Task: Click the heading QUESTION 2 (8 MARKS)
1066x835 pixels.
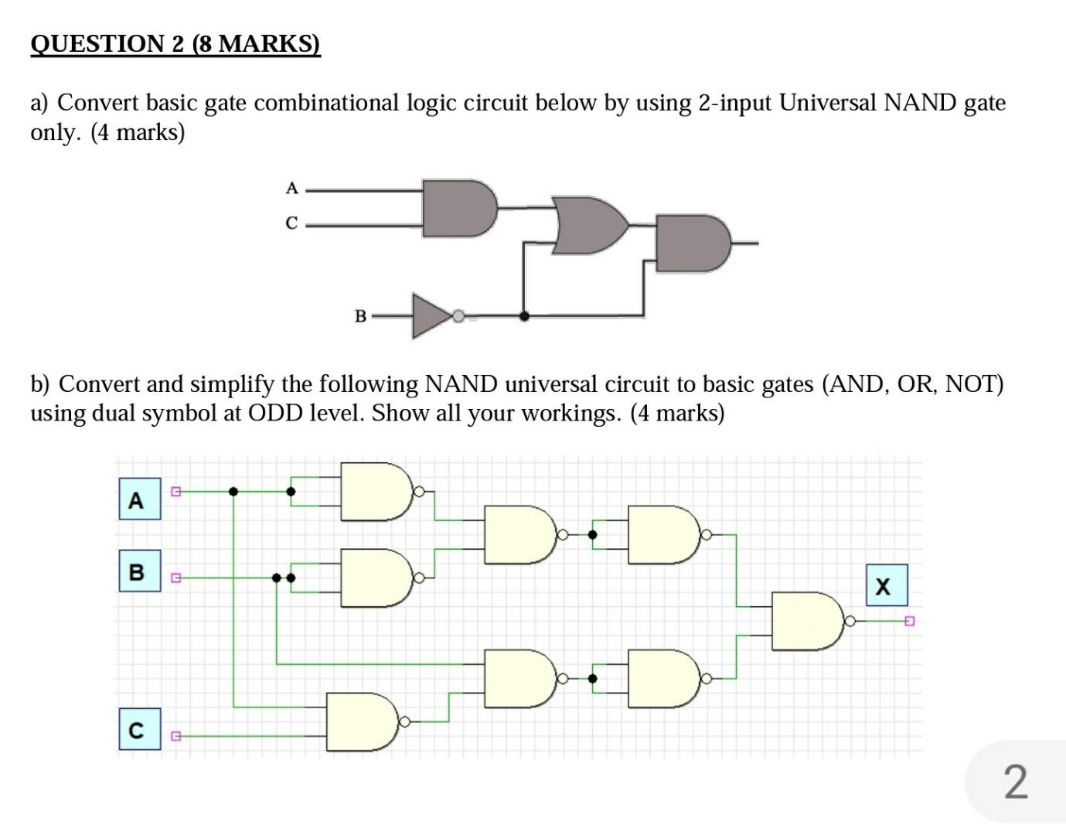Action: (175, 43)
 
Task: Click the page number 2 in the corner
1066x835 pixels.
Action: (1016, 782)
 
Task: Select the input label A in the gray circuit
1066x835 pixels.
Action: (291, 188)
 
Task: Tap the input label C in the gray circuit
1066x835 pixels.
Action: (291, 223)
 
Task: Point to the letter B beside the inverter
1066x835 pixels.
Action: (360, 316)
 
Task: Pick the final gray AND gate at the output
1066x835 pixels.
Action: (691, 244)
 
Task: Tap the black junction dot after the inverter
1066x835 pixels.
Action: (524, 315)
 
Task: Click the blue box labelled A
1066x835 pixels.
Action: (139, 499)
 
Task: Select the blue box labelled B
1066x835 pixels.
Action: (139, 572)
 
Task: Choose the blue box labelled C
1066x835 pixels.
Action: (139, 729)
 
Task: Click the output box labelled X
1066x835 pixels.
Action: (886, 586)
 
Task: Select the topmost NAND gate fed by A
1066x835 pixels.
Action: (375, 492)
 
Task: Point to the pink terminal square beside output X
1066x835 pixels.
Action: (909, 621)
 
